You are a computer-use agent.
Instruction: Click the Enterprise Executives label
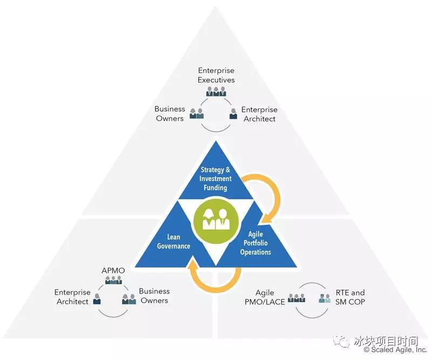[x=216, y=75]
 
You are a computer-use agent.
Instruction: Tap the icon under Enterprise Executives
[x=216, y=91]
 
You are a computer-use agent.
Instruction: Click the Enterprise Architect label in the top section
[x=259, y=114]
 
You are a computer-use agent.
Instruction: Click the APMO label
[x=113, y=270]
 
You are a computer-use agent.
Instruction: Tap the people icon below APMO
[x=113, y=280]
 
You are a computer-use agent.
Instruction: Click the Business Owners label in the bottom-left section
[x=154, y=296]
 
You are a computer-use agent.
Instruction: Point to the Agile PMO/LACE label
[x=266, y=297]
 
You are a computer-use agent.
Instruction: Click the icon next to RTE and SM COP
[x=325, y=298]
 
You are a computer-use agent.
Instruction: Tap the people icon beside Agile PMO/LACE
[x=296, y=298]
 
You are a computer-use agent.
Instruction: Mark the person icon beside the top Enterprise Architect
[x=233, y=114]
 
